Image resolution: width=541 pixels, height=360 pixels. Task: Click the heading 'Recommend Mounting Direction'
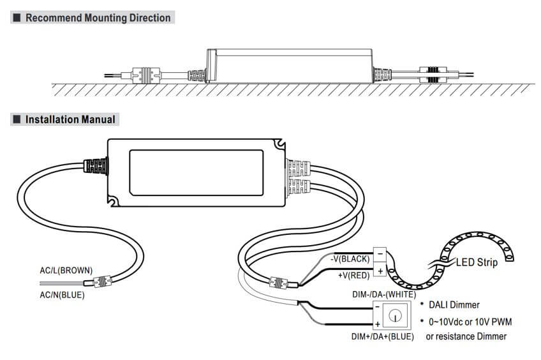click(x=98, y=18)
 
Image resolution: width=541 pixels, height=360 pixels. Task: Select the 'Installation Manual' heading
click(x=70, y=119)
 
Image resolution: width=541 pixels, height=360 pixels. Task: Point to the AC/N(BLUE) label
click(x=62, y=294)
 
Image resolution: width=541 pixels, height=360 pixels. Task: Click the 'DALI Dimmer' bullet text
click(x=454, y=305)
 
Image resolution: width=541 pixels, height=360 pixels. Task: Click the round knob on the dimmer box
click(x=396, y=315)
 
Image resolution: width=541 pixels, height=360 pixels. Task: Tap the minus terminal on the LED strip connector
click(x=380, y=253)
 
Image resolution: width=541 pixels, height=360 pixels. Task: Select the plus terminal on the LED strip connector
click(x=380, y=271)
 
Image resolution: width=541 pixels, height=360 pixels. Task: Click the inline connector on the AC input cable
click(x=102, y=280)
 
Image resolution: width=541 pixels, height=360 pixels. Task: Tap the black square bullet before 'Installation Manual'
click(x=17, y=119)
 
